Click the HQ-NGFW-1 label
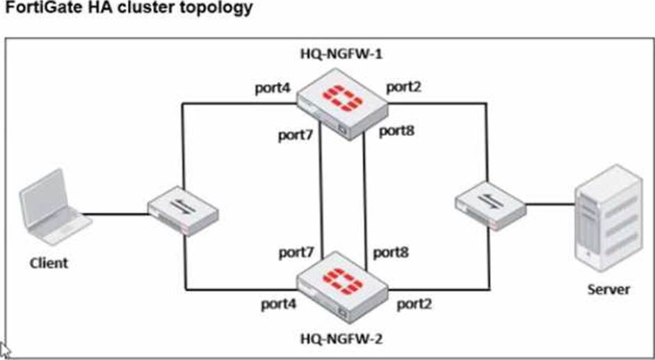[339, 55]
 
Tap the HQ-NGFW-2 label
[341, 339]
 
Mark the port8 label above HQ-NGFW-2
[391, 252]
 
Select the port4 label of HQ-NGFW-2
[280, 304]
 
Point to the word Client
[49, 263]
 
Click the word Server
[608, 289]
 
